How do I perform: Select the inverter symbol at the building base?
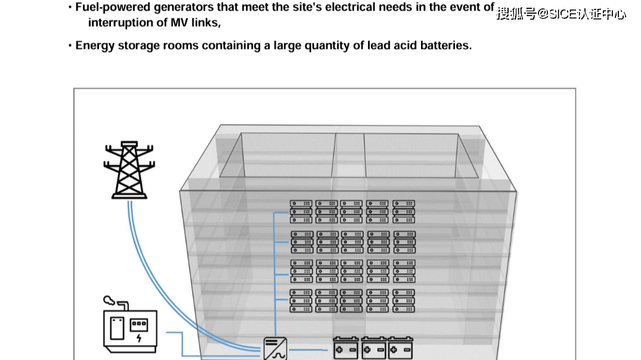[275, 348]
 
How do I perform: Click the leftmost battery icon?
[345, 348]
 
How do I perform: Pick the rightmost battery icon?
[400, 348]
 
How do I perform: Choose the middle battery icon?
[373, 348]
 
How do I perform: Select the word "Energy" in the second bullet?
[94, 45]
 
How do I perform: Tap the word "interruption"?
[119, 23]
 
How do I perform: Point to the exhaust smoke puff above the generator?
[109, 300]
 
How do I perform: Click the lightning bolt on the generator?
[139, 339]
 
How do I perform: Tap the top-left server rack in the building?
[301, 212]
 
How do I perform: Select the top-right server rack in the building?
[404, 212]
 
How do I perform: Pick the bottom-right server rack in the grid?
[404, 300]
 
